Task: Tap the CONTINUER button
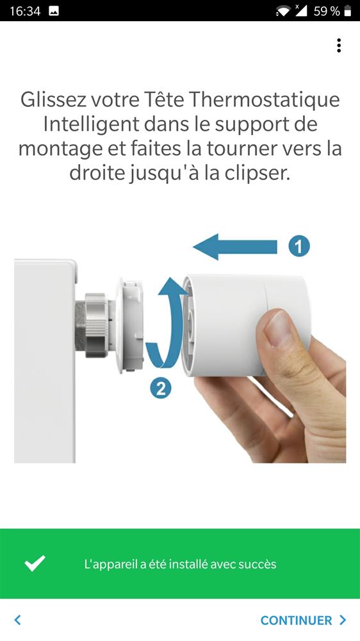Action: pos(303,620)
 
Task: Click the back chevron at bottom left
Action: pos(17,620)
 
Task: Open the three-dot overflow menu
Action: pos(339,46)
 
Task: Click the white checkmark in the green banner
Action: pos(35,563)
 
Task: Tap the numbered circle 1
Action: pos(299,247)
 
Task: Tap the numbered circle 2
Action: pos(161,388)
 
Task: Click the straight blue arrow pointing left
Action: pos(235,247)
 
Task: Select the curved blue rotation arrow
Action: pos(163,323)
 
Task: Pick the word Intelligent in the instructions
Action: pos(91,124)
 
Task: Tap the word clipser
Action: pos(258,173)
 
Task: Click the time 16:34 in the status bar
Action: pos(25,11)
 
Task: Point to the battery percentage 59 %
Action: pos(327,11)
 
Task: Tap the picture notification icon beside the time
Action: pos(54,11)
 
